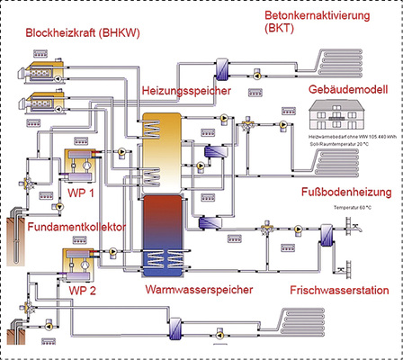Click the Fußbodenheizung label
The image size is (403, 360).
coord(345,193)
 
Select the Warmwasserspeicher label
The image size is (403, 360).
coord(198,291)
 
